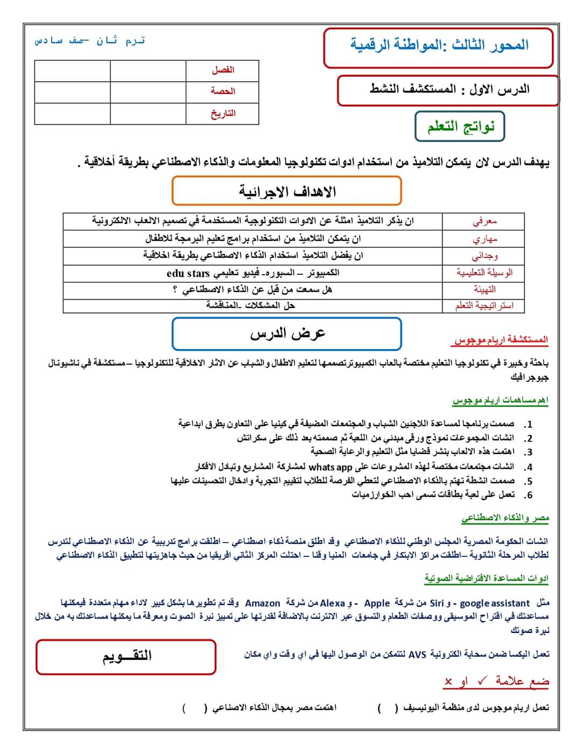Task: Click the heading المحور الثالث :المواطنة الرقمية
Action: pos(439,46)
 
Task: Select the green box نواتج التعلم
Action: pos(460,127)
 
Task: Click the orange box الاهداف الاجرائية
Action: pos(287,191)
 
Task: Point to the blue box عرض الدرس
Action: pos(287,334)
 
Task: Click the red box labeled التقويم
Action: pos(127,656)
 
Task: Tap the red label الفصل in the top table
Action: pos(223,70)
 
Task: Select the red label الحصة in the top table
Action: pos(223,91)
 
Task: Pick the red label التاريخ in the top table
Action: pos(223,113)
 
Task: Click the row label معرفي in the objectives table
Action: pos(484,221)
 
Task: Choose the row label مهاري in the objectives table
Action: pos(484,239)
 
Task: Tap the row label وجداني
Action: pos(484,255)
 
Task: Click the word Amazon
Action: pos(262,603)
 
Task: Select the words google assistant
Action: pos(495,603)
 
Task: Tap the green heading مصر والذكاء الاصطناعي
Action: pos(505,518)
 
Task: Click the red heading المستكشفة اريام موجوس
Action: pos(501,340)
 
